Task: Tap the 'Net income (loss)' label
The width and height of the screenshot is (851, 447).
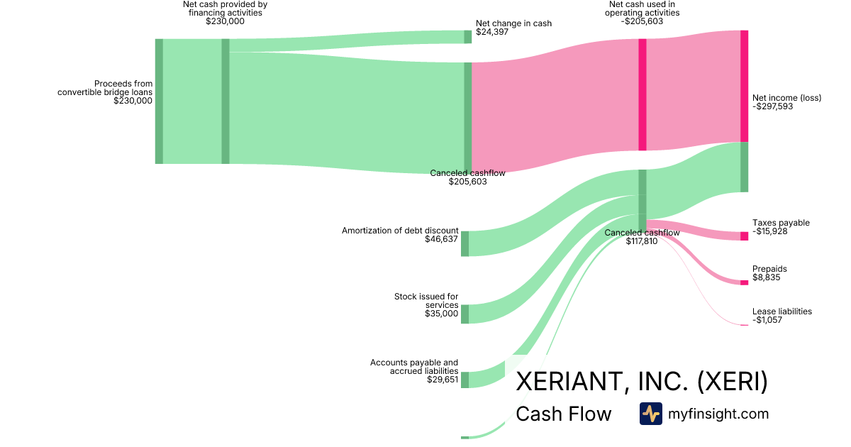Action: [786, 98]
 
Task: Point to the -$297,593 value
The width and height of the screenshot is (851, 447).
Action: [773, 107]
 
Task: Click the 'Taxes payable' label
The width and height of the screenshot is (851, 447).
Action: [781, 223]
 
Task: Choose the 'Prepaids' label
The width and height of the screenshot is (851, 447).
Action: [769, 269]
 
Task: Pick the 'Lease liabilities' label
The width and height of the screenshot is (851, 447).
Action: [782, 311]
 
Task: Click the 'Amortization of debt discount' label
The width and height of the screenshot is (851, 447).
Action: [400, 231]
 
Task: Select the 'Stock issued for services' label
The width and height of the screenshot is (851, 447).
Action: [426, 301]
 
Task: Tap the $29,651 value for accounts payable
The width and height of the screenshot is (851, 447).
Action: [443, 380]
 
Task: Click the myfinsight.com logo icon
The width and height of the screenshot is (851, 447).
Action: [650, 413]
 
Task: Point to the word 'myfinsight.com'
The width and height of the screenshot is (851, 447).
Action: [718, 414]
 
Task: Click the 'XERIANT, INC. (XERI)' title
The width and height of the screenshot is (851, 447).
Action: [641, 382]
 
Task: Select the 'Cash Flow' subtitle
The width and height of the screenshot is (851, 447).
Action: [563, 414]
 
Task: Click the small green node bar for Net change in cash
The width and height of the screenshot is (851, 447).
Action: [467, 37]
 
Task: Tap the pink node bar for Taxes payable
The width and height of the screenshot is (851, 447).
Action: [744, 236]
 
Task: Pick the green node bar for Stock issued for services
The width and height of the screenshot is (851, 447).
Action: [465, 314]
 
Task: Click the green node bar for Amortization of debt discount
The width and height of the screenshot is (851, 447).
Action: [465, 243]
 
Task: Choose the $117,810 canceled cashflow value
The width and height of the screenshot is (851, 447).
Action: [642, 241]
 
